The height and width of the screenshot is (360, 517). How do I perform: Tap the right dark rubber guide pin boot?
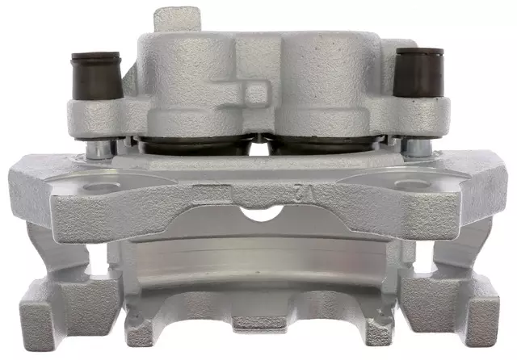[419, 70]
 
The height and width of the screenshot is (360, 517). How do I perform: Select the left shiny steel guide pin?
[97, 147]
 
